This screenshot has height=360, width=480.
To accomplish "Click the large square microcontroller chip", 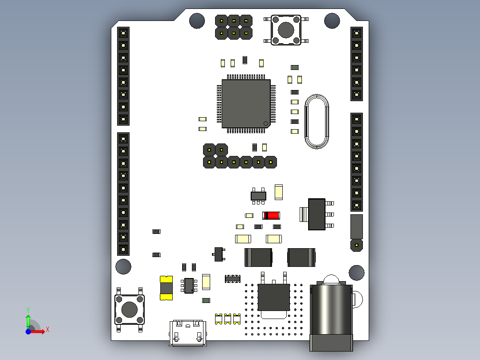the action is point(246,103).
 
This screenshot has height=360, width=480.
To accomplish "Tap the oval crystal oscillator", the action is point(317,122).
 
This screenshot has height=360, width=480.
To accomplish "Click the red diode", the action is point(271,215).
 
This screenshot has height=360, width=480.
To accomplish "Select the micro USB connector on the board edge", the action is point(187,333).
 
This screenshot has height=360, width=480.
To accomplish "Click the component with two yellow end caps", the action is point(166,288).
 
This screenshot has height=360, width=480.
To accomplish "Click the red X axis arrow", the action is point(37,331).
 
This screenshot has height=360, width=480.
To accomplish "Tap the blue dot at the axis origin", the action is point(28,331).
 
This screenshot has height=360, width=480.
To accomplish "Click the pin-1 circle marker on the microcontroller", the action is point(266,123).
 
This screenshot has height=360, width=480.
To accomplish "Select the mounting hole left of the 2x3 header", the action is point(197,21).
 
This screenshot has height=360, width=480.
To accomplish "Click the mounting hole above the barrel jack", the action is point(357,273).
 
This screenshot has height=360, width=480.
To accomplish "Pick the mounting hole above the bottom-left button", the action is point(123,266).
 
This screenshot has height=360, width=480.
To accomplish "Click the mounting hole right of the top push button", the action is point(332,21).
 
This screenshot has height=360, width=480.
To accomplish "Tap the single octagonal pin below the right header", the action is point(357,245).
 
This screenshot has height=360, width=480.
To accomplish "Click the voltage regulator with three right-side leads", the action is point(317,214).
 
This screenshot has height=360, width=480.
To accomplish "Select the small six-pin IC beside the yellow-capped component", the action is point(189,286).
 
